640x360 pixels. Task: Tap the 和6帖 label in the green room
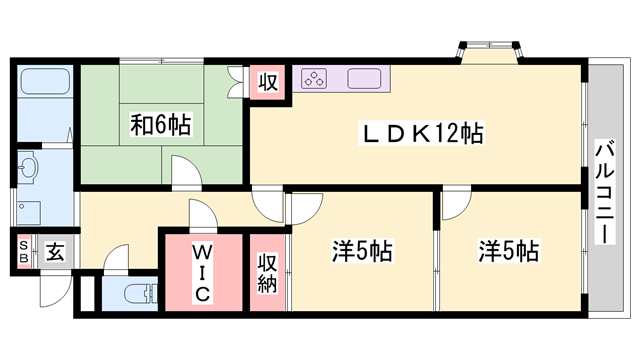pyautogui.click(x=160, y=126)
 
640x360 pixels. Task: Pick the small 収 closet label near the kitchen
pyautogui.click(x=268, y=81)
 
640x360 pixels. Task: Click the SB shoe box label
pyautogui.click(x=22, y=252)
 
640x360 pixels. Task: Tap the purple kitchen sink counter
pyautogui.click(x=361, y=77)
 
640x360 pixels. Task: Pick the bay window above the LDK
pyautogui.click(x=488, y=49)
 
